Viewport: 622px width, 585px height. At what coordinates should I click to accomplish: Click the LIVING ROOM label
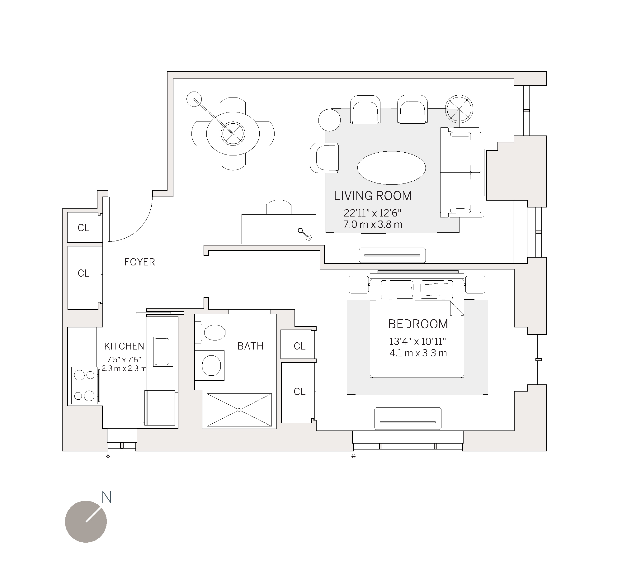(373, 196)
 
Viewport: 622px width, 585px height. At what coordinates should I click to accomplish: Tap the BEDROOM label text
(418, 324)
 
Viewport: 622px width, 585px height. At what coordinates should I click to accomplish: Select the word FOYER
(139, 262)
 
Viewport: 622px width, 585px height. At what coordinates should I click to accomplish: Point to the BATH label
(250, 346)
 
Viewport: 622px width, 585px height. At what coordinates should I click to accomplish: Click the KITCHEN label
(124, 346)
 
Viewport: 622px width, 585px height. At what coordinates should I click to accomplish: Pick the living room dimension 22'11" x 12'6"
(372, 213)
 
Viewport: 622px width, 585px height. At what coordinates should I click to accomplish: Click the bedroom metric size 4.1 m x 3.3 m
(418, 353)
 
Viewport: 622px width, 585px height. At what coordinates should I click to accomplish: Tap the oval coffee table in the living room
(391, 168)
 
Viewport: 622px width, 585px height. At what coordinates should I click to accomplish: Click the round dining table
(233, 134)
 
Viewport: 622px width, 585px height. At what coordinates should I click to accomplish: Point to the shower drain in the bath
(239, 410)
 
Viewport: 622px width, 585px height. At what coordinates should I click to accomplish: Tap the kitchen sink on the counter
(163, 351)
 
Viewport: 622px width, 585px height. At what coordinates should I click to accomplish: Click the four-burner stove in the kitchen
(84, 385)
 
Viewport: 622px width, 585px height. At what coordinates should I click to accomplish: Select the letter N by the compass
(107, 497)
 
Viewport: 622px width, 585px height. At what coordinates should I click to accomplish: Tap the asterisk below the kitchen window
(108, 457)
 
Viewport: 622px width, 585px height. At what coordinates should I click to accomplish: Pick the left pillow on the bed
(397, 289)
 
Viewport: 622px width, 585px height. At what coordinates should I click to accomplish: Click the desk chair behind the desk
(278, 207)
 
